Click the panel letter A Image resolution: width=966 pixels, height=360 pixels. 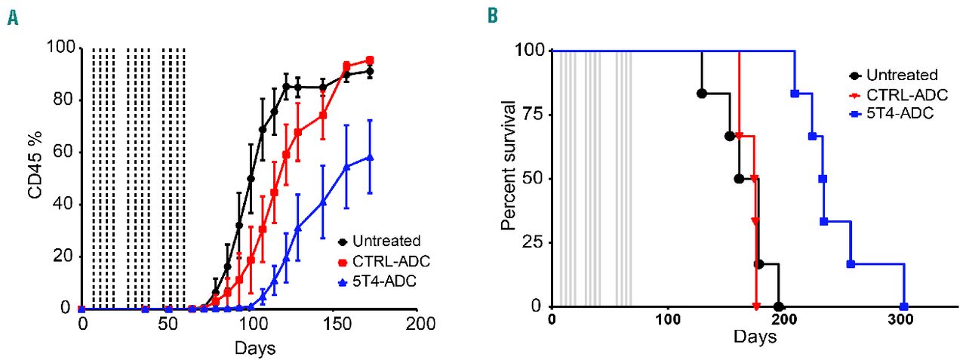tap(12, 16)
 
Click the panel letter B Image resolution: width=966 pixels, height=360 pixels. tap(492, 15)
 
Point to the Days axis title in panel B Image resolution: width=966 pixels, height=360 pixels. tap(755, 337)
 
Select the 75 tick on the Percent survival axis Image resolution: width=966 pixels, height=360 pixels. tap(538, 114)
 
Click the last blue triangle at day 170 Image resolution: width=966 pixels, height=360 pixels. tap(370, 157)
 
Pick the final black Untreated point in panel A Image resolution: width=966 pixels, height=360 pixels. tap(370, 72)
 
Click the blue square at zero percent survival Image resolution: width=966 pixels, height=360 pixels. tap(903, 306)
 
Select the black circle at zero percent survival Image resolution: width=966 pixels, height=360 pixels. tap(779, 306)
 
